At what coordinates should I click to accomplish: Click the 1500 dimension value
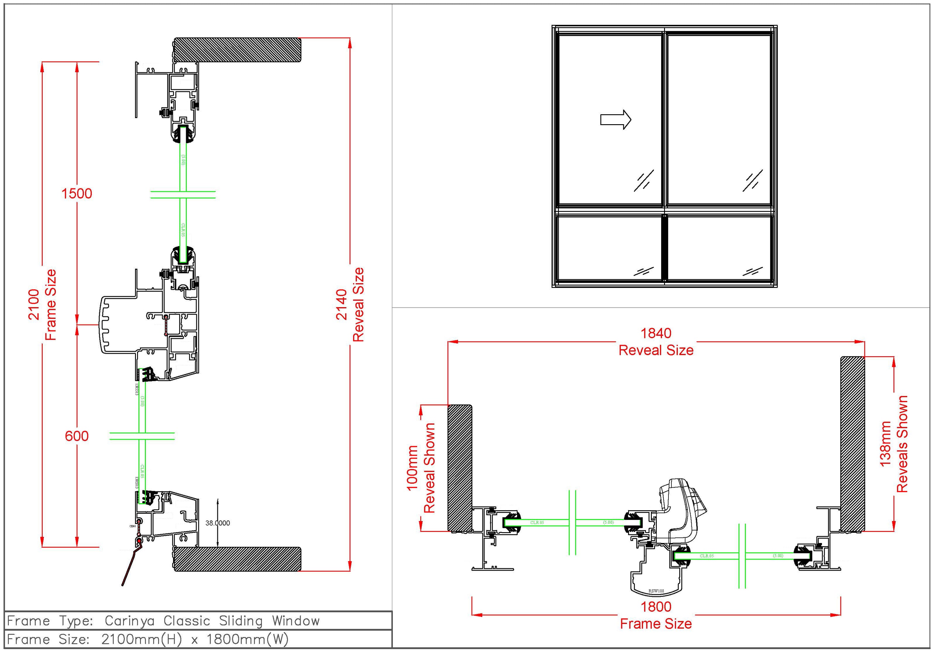click(76, 193)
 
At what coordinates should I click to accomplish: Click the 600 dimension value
click(76, 436)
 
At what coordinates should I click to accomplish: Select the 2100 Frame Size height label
click(42, 305)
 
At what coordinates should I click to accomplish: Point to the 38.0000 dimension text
click(217, 523)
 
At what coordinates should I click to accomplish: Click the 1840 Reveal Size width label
click(656, 342)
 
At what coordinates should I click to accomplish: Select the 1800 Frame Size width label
click(656, 615)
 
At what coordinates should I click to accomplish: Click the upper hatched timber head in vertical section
click(238, 50)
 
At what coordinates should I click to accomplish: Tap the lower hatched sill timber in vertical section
click(238, 559)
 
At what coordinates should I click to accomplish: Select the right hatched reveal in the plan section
click(852, 444)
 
